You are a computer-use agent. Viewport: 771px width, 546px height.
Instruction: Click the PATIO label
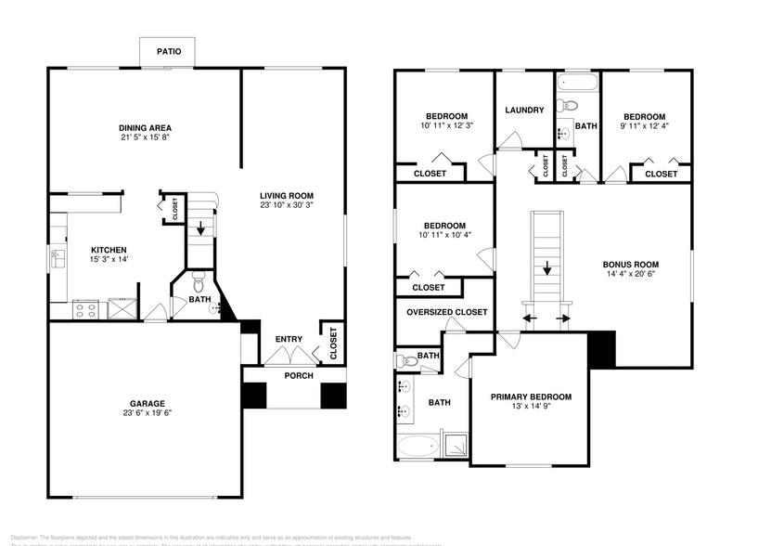[x=168, y=52]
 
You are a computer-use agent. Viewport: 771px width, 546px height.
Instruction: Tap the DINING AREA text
[x=145, y=127]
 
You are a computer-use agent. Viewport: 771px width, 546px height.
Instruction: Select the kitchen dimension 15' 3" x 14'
[x=108, y=260]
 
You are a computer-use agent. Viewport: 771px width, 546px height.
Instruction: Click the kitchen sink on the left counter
[x=58, y=257]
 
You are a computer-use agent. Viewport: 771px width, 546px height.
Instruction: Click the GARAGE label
[x=147, y=404]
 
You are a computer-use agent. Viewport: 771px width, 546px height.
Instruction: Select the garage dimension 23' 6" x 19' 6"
[x=147, y=414]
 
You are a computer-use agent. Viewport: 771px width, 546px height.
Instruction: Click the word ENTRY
[x=289, y=339]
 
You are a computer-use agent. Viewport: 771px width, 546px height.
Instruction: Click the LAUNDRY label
[x=524, y=110]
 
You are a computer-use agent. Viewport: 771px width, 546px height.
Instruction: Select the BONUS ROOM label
[x=630, y=264]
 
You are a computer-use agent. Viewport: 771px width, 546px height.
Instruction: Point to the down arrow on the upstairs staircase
[x=547, y=270]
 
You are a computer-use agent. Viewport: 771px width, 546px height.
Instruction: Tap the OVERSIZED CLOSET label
[x=446, y=312]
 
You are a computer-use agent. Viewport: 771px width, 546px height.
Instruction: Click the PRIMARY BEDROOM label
[x=531, y=396]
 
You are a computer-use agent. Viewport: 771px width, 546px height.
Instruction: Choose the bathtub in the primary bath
[x=418, y=448]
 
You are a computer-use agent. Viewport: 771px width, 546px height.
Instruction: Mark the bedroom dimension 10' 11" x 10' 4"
[x=444, y=235]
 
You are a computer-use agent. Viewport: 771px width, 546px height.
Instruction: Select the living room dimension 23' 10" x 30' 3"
[x=287, y=205]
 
